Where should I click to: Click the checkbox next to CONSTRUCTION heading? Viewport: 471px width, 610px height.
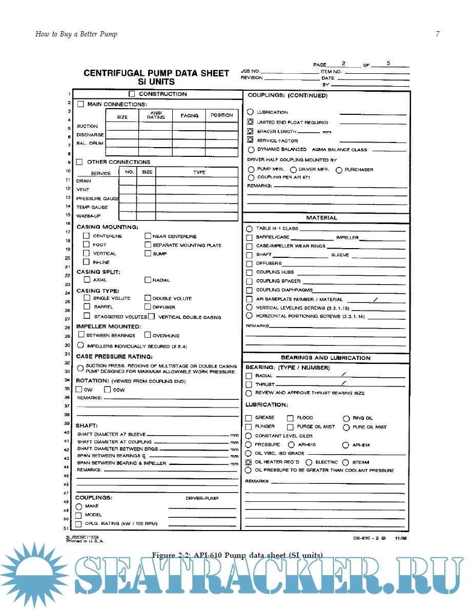coord(132,94)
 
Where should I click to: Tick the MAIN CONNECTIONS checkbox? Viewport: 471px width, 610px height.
coord(80,104)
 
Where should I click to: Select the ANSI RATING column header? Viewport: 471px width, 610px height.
coord(156,115)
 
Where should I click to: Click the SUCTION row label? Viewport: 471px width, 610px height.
coord(87,126)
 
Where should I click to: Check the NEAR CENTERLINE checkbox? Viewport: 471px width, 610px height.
coord(148,236)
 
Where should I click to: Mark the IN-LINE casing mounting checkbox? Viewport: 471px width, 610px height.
coord(87,262)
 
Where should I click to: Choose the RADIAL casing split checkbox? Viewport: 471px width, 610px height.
coord(148,280)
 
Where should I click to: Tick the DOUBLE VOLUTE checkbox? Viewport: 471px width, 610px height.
coord(148,298)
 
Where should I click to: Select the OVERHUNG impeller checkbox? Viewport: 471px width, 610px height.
coord(148,335)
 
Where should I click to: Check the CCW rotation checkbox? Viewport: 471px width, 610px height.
coord(108,390)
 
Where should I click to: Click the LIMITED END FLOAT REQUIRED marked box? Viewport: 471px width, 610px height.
coord(250,123)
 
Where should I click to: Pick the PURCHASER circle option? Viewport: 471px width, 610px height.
coord(339,170)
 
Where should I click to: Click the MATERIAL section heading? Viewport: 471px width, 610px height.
coord(322,218)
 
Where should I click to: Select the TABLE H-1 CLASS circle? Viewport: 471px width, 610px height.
coord(249,229)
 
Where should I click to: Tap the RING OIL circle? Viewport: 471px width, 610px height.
coord(346,418)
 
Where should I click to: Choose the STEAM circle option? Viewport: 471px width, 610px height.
coord(346,462)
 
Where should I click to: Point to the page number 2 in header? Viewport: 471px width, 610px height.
coord(343,64)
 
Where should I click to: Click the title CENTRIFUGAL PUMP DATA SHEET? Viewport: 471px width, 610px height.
coord(156,73)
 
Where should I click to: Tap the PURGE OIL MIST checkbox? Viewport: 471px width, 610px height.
coord(290,427)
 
